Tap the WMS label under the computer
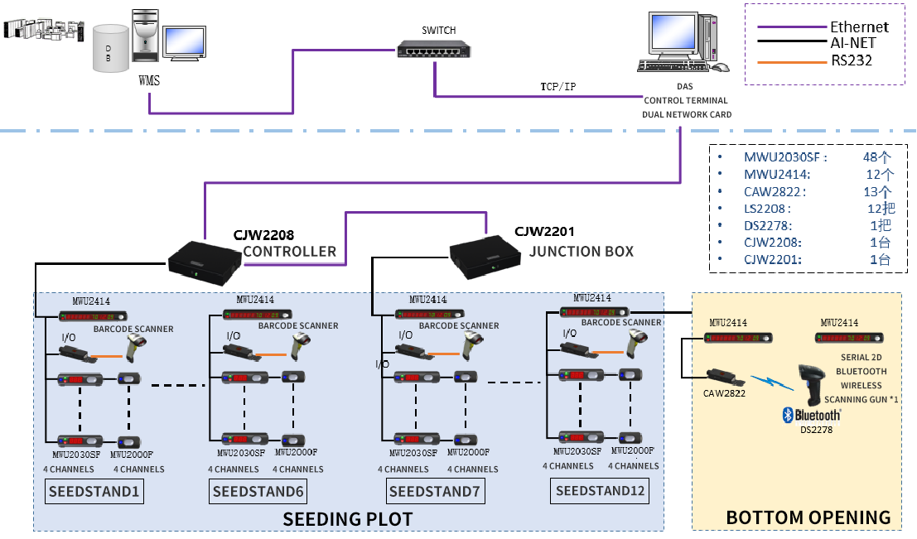tap(149, 80)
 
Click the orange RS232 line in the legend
tap(791, 60)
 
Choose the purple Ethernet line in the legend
tap(791, 26)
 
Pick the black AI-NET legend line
tap(791, 43)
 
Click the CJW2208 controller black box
tap(204, 259)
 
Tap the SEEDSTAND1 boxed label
tap(94, 493)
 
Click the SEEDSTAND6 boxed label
tap(258, 493)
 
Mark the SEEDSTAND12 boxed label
tap(601, 491)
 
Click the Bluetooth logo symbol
tap(789, 414)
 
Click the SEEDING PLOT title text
tap(347, 519)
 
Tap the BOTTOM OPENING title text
tap(808, 517)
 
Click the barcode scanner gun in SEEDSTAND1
tap(138, 347)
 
